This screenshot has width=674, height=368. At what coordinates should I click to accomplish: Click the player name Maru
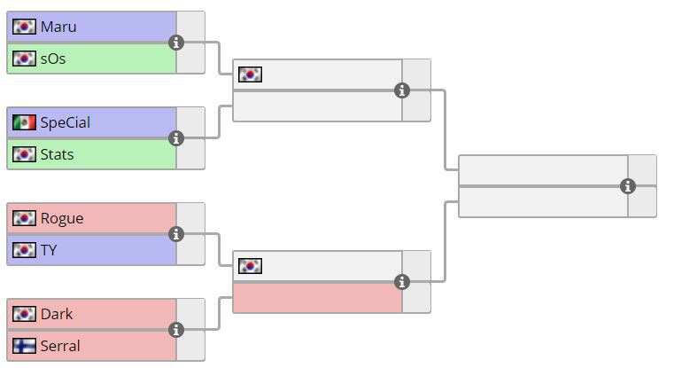(x=58, y=27)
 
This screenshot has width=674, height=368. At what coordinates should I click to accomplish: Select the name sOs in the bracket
(x=53, y=59)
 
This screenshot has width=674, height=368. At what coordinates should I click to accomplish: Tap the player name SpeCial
(x=65, y=122)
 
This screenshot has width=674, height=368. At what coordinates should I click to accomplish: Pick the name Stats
(x=58, y=154)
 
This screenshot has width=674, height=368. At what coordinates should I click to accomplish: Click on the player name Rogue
(x=62, y=218)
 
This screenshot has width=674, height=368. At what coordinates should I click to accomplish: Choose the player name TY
(x=49, y=250)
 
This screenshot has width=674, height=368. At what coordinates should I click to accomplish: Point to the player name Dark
(x=57, y=314)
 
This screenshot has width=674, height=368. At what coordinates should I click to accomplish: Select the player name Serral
(x=60, y=346)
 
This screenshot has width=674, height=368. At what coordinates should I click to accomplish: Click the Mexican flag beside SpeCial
(x=25, y=122)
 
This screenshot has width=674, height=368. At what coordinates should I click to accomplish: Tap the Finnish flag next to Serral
(x=25, y=346)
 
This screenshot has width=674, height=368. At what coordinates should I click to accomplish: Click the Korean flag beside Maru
(x=25, y=27)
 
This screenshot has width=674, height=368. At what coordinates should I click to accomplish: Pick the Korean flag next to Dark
(x=25, y=314)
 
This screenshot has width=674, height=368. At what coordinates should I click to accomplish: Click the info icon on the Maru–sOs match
(x=176, y=43)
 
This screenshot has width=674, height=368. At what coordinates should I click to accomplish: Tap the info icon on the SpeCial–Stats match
(x=176, y=138)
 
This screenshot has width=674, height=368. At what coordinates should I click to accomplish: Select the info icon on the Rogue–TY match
(x=176, y=234)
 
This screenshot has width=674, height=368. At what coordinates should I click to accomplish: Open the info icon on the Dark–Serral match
(x=176, y=330)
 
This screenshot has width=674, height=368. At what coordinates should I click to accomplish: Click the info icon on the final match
(x=628, y=186)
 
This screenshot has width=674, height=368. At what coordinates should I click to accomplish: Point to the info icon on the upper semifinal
(x=402, y=90)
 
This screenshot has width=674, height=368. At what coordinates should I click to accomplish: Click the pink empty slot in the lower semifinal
(x=317, y=298)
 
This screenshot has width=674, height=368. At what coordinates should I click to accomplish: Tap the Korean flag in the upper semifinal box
(x=251, y=74)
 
